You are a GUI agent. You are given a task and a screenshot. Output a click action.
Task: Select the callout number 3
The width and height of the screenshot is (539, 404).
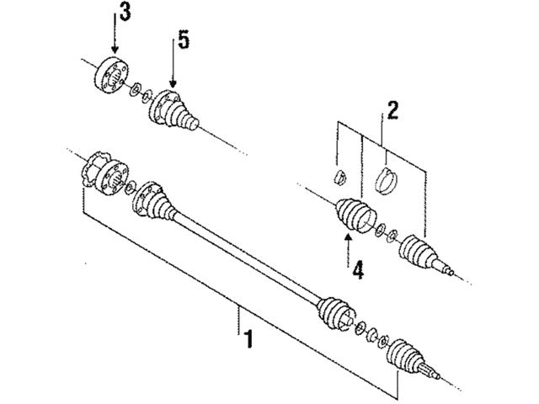coord(124,13)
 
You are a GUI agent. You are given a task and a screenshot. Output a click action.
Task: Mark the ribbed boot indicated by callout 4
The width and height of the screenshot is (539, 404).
coord(350,215)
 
